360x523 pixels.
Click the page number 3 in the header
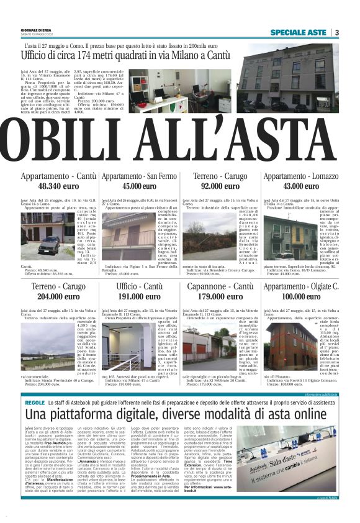pyautogui.click(x=336, y=32)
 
